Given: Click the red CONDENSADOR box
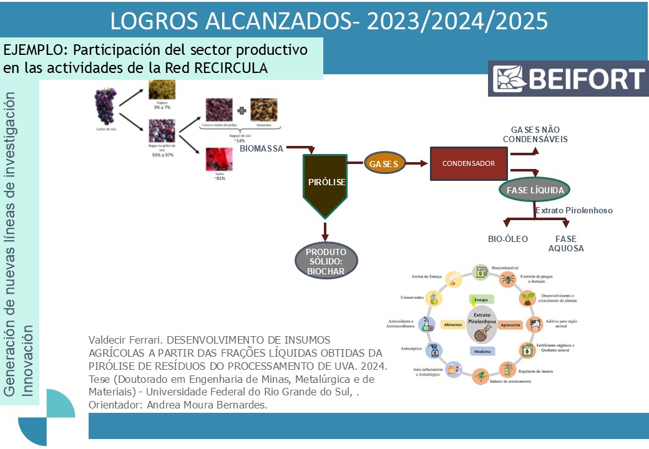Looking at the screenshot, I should tap(469, 164).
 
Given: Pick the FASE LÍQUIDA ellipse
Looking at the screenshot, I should tap(535, 190).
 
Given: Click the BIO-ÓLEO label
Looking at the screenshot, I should tap(508, 239).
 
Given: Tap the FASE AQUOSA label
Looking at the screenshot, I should tap(566, 243).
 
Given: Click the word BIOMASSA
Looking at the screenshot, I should tap(261, 148).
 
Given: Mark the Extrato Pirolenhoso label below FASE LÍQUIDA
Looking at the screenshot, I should tap(573, 210).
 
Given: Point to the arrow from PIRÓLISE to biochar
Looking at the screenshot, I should tap(324, 229).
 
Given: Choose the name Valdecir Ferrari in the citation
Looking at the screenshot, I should tap(126, 340).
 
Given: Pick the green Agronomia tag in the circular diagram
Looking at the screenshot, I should tap(510, 325).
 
